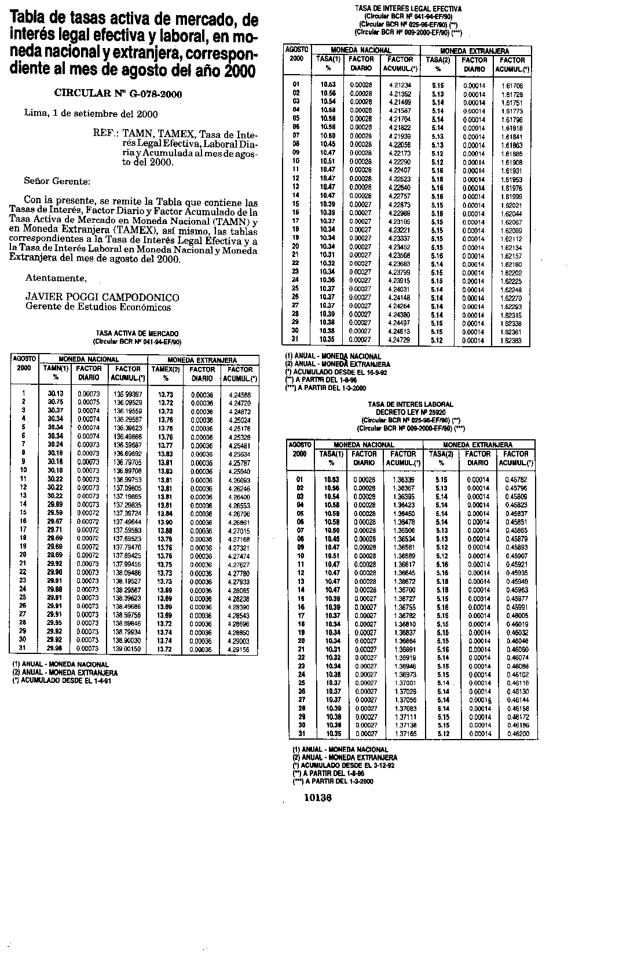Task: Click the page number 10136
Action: coord(317,798)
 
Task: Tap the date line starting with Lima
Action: coord(91,114)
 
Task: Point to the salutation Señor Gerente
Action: coord(57,181)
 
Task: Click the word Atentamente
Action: coord(56,278)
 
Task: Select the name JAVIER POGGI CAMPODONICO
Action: coord(102,297)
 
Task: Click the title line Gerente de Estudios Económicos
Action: coord(98,307)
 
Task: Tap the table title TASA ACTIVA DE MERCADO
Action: coord(137,333)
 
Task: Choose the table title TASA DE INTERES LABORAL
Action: coord(411,404)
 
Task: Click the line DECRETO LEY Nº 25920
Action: coord(411,412)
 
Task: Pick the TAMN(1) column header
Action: coord(56,369)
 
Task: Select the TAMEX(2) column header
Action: coord(165,369)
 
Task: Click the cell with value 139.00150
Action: coord(127,649)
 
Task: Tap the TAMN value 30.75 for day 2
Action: coord(56,402)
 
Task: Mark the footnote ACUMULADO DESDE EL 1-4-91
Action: coord(62,681)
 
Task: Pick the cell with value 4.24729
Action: coord(399,340)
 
